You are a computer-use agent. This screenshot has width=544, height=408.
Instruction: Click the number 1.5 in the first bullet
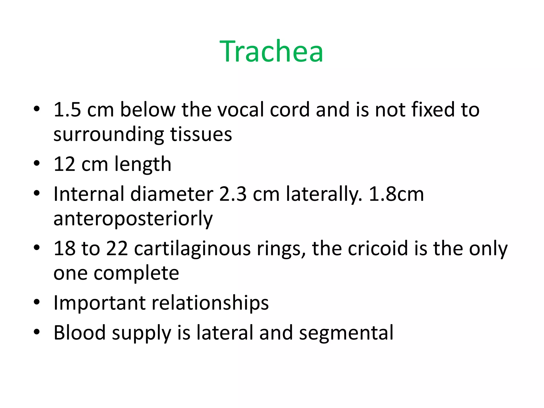pyautogui.click(x=67, y=110)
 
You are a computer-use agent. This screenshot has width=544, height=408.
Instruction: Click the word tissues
pyautogui.click(x=201, y=134)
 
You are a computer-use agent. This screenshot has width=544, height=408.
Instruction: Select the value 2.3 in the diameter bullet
pyautogui.click(x=233, y=194)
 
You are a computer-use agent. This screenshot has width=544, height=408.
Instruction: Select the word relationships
pyautogui.click(x=210, y=303)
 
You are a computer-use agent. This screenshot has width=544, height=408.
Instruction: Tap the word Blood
pyautogui.click(x=79, y=333)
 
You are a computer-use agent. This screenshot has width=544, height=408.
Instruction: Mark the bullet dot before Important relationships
pyautogui.click(x=37, y=302)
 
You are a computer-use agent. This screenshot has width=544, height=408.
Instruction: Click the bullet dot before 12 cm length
pyautogui.click(x=37, y=163)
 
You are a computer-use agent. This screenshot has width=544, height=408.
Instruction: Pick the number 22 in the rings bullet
pyautogui.click(x=117, y=249)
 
